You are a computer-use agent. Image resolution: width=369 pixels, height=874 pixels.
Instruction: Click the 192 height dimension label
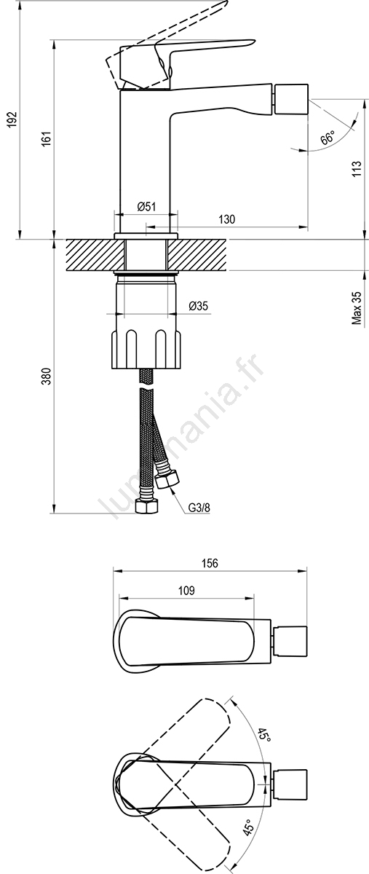click(13, 119)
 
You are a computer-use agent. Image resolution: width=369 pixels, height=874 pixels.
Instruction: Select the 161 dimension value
click(47, 139)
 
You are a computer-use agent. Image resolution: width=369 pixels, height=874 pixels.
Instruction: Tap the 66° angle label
click(328, 138)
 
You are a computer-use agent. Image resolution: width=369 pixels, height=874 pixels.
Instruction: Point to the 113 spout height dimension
click(357, 169)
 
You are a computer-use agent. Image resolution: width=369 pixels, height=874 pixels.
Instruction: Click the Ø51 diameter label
click(147, 206)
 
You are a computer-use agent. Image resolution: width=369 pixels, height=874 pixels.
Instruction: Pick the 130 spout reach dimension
click(226, 219)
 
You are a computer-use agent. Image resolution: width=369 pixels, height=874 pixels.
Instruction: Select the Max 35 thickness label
click(357, 308)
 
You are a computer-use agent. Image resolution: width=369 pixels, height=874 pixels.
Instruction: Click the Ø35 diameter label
click(198, 306)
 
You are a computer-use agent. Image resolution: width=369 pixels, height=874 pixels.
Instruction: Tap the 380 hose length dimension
click(47, 376)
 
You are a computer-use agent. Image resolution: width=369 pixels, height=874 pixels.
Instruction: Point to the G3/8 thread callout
click(199, 508)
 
